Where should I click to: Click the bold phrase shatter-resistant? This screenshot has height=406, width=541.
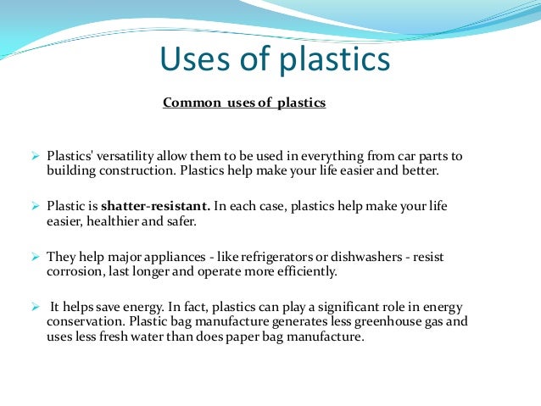(x=154, y=206)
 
